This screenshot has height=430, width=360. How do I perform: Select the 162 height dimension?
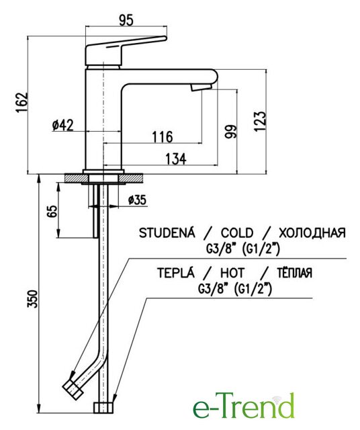[22, 102]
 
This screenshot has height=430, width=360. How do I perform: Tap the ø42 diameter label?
[63, 126]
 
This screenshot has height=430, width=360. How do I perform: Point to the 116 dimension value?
[163, 136]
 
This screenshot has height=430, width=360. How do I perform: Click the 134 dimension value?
[176, 159]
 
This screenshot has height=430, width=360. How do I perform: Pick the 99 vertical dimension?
[230, 132]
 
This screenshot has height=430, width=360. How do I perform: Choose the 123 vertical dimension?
[260, 122]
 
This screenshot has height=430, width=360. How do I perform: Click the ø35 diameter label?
[137, 200]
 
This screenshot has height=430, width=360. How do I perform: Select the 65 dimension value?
[52, 210]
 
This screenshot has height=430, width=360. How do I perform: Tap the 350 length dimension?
[32, 299]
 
